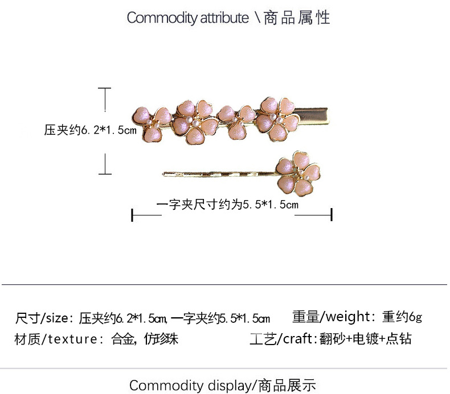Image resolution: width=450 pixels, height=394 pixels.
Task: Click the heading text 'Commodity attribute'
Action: pyautogui.click(x=187, y=18)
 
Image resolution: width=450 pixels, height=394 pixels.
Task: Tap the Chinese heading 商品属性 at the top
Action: pyautogui.click(x=296, y=18)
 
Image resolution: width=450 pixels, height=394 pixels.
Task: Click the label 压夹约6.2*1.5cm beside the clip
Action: pyautogui.click(x=91, y=130)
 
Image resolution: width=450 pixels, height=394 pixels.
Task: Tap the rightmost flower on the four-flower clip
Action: pyautogui.click(x=277, y=115)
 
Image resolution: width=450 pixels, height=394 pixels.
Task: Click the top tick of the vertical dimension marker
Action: pyautogui.click(x=105, y=89)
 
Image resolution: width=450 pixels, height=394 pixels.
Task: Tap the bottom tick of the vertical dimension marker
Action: pyautogui.click(x=105, y=173)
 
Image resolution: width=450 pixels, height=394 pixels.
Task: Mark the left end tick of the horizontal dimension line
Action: pyautogui.click(x=133, y=215)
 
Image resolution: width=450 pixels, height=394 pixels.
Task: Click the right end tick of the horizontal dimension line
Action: pyautogui.click(x=331, y=215)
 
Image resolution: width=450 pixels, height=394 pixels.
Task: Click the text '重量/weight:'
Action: pyautogui.click(x=333, y=316)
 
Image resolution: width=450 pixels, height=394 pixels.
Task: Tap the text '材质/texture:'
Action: pyautogui.click(x=56, y=339)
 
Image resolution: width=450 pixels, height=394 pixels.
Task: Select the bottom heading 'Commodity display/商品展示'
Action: pyautogui.click(x=222, y=385)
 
